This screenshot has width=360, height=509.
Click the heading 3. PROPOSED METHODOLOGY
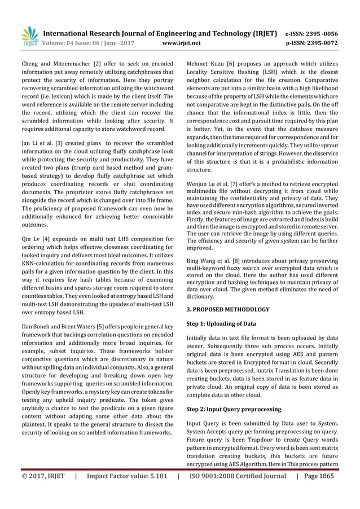click(x=227, y=309)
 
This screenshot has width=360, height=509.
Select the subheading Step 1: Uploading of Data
click(x=221, y=324)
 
